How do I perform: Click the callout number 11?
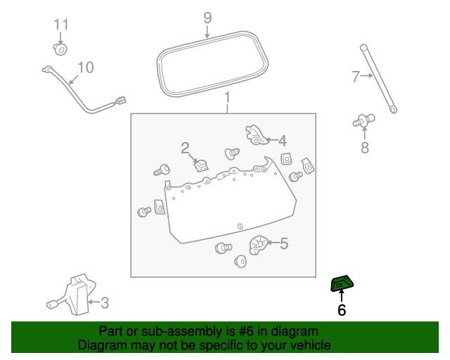(x=62, y=25)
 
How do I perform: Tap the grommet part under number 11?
(x=60, y=49)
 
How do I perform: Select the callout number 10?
(x=84, y=68)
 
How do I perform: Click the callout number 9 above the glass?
(x=207, y=16)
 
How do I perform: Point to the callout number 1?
(x=227, y=96)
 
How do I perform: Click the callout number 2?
(x=185, y=148)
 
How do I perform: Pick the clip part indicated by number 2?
(x=202, y=165)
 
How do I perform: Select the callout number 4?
(x=282, y=139)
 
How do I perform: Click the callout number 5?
(x=284, y=243)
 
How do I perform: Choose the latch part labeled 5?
(x=259, y=244)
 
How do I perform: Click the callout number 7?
(x=356, y=75)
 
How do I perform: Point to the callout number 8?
(x=364, y=148)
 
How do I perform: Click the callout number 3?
(x=105, y=303)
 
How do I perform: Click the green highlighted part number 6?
(x=342, y=283)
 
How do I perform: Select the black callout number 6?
(x=342, y=310)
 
